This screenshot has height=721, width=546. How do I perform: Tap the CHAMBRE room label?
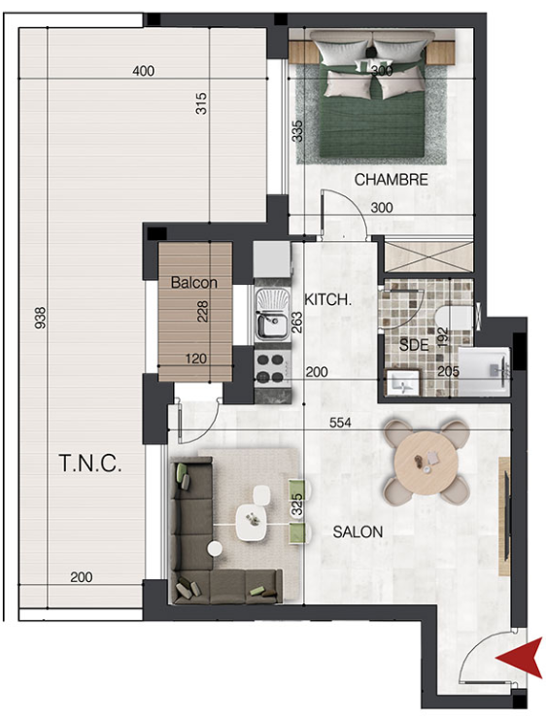point(392,180)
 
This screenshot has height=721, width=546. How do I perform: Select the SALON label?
point(358,532)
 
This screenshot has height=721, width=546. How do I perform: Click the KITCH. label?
point(327,300)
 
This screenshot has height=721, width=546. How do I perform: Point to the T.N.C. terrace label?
point(90,463)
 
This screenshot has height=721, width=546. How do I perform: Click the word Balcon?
point(194,283)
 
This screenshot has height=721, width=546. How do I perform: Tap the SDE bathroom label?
point(414,344)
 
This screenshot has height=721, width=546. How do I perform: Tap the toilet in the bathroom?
point(454,318)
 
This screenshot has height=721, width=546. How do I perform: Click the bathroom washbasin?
point(403,383)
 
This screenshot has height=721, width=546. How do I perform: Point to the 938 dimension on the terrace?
point(41,318)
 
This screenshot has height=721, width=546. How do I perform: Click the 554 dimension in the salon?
point(340,422)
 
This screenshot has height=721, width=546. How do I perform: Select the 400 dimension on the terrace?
point(144,71)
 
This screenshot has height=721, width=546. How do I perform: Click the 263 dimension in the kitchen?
point(297,323)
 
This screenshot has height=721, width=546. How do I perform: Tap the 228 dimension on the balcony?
point(202,311)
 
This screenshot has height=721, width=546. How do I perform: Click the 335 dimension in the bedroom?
point(298,131)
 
